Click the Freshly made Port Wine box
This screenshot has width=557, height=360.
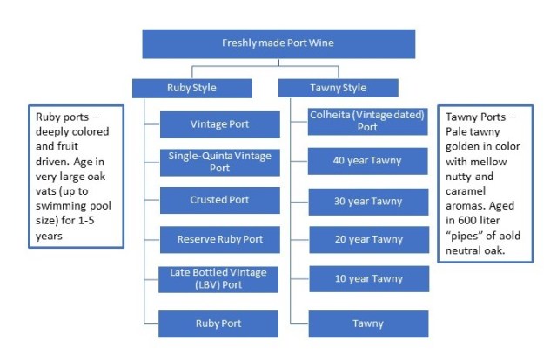pyautogui.click(x=278, y=43)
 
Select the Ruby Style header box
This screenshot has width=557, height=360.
pyautogui.click(x=191, y=88)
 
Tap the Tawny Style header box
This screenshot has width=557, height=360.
pyautogui.click(x=338, y=88)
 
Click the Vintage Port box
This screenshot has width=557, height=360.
pyautogui.click(x=219, y=124)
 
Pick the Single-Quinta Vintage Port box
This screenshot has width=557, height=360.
pyautogui.click(x=219, y=162)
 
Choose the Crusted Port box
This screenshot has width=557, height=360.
pyautogui.click(x=219, y=200)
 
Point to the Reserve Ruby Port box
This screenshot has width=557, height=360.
pyautogui.click(x=219, y=239)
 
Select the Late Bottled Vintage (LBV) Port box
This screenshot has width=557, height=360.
pyautogui.click(x=219, y=279)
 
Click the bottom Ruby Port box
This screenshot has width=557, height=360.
pyautogui.click(x=219, y=323)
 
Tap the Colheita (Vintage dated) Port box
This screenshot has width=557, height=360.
pyautogui.click(x=368, y=121)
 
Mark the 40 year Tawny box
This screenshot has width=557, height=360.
pyautogui.click(x=368, y=162)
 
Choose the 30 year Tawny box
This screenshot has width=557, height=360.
pyautogui.click(x=368, y=201)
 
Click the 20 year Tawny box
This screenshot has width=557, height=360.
pyautogui.click(x=368, y=239)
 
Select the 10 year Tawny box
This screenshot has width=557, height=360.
pyautogui.click(x=368, y=278)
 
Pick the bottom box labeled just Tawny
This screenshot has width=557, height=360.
pyautogui.click(x=368, y=323)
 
